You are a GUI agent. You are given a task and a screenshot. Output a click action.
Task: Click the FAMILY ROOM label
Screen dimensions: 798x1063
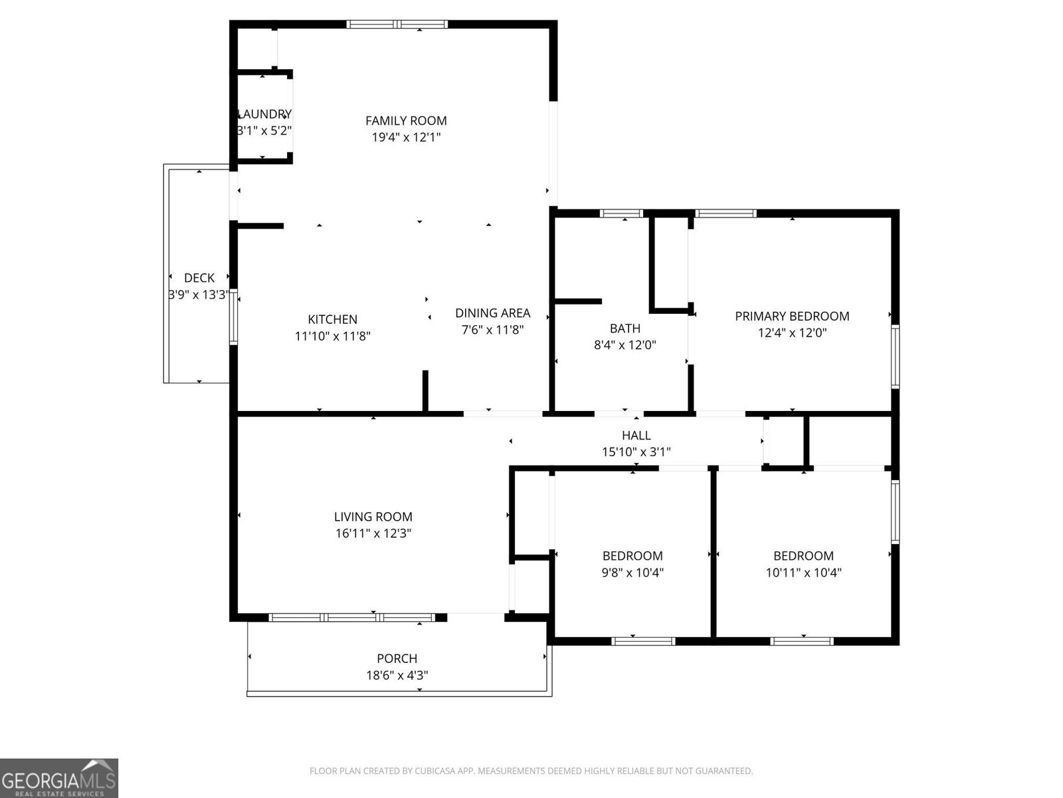pos(406,120)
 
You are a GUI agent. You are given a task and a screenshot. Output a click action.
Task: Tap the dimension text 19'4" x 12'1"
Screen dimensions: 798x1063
pos(406,138)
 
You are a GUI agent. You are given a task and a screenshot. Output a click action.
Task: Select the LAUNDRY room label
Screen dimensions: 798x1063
pos(264,114)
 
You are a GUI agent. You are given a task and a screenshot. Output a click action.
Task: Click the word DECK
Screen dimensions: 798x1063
pos(199,278)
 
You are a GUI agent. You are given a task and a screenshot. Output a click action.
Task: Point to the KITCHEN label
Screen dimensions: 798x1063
pos(332,319)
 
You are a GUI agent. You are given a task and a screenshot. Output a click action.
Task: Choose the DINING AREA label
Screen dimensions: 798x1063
pos(492,313)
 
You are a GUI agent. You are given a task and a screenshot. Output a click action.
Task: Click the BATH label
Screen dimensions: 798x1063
pos(625,328)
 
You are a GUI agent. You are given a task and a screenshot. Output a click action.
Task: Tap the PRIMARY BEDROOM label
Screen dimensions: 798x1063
pos(792,316)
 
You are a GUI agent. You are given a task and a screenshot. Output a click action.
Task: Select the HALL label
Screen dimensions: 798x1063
pos(636,436)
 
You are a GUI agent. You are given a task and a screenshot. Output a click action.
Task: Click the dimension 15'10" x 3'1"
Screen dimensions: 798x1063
pos(636,452)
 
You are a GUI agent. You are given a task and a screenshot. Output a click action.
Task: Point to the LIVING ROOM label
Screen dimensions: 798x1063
pos(373,517)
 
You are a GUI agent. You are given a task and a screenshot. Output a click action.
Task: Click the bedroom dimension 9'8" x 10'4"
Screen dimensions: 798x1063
pos(632,573)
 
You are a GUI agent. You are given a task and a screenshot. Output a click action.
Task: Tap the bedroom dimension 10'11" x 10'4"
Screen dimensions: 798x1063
pos(803,573)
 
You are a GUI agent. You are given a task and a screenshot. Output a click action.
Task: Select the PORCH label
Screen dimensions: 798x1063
pos(397,658)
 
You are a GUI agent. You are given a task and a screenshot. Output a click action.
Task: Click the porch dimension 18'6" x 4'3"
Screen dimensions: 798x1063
pos(397,676)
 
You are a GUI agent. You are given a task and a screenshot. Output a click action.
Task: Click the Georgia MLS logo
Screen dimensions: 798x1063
pos(58,777)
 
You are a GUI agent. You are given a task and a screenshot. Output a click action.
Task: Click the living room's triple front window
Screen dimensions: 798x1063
pos(352,617)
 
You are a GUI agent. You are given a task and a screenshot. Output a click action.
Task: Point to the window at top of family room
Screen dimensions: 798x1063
pos(397,25)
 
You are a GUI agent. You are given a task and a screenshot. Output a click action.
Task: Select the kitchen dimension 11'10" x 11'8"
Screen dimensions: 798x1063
pos(332,336)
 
